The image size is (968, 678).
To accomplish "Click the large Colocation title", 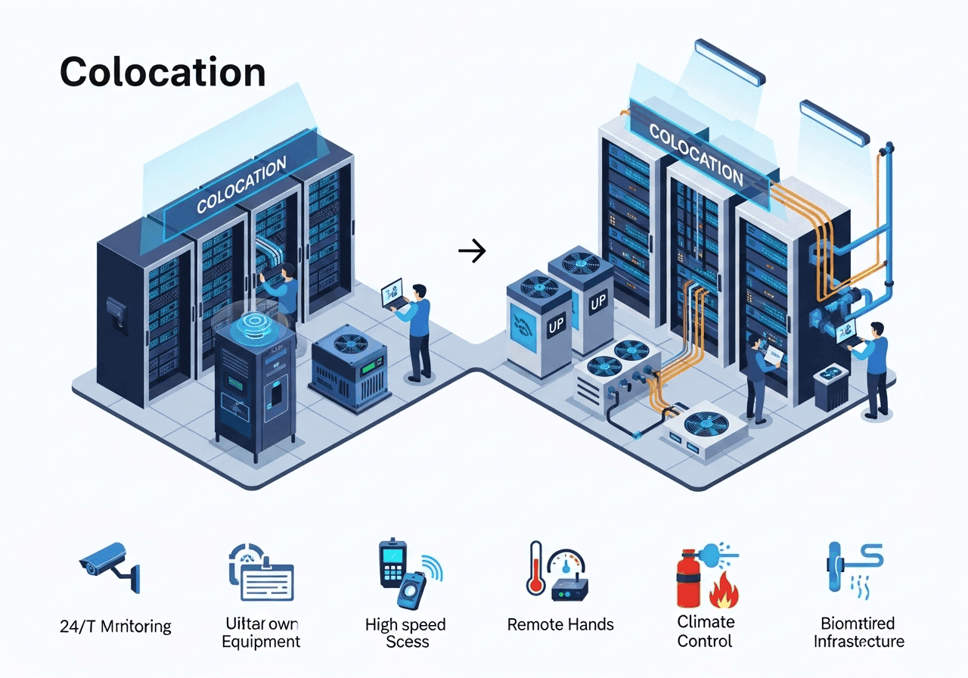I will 162,72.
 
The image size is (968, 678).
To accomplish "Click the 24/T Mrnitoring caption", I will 115,627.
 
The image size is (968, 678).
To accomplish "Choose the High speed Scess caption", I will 406,633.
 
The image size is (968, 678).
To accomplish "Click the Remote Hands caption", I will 560,625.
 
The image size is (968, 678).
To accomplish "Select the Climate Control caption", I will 705,632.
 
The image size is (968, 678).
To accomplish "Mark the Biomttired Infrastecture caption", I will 858,633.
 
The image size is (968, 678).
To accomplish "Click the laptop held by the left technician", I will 392,292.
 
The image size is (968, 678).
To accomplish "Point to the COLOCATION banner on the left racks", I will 241,185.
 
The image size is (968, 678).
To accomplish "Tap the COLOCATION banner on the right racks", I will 696,154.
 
